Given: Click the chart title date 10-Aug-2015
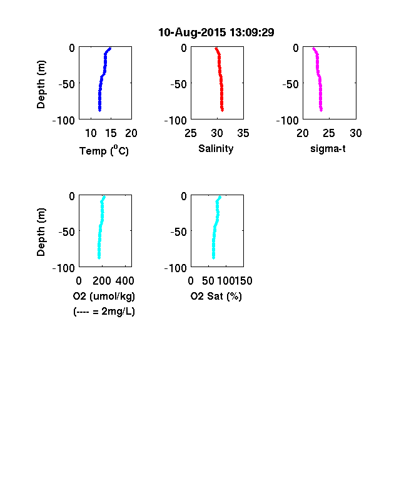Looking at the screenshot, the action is click(x=192, y=33).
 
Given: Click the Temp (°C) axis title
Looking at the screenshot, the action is click(x=104, y=150).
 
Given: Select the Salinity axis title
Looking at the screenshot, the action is click(x=216, y=148).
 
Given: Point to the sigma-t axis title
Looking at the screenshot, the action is click(x=328, y=149).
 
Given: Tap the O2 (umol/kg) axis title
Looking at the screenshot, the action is click(x=104, y=296).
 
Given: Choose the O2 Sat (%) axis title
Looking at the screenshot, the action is click(x=216, y=296).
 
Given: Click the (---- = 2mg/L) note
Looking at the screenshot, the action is click(x=104, y=312).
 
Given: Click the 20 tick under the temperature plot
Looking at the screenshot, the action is click(x=131, y=133).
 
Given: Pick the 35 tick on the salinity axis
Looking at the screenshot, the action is click(x=243, y=133).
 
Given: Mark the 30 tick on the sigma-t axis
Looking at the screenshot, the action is click(x=356, y=133).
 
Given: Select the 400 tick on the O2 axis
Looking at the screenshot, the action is click(x=125, y=281).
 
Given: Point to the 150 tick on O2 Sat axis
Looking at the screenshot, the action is click(x=243, y=281).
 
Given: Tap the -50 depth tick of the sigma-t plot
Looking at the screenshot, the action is click(x=290, y=84).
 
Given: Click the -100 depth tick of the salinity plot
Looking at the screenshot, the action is click(x=175, y=120).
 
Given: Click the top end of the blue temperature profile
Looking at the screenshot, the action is click(x=109, y=48).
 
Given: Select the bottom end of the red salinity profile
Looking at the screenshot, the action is click(x=222, y=109).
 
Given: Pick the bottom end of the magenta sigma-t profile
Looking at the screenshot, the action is click(x=321, y=109).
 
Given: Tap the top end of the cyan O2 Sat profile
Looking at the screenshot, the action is click(x=220, y=198).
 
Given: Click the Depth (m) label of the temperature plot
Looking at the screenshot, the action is click(x=41, y=84).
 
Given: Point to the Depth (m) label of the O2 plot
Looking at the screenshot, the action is click(x=41, y=232).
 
